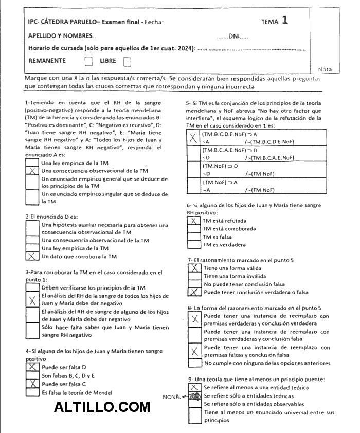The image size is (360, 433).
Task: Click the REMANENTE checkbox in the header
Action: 89,62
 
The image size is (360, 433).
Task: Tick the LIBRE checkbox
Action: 128,62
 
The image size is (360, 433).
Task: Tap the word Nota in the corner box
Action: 325,69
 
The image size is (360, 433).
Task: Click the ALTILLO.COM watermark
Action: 102,407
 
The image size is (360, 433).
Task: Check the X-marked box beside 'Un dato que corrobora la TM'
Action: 32,256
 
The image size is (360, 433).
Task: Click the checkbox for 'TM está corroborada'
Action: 194,229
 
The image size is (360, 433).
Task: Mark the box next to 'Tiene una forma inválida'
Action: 194,276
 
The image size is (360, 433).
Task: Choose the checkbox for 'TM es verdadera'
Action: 194,245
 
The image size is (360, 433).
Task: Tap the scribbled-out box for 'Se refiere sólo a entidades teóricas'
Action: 194,396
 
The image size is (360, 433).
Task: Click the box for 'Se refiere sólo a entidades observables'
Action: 194,404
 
